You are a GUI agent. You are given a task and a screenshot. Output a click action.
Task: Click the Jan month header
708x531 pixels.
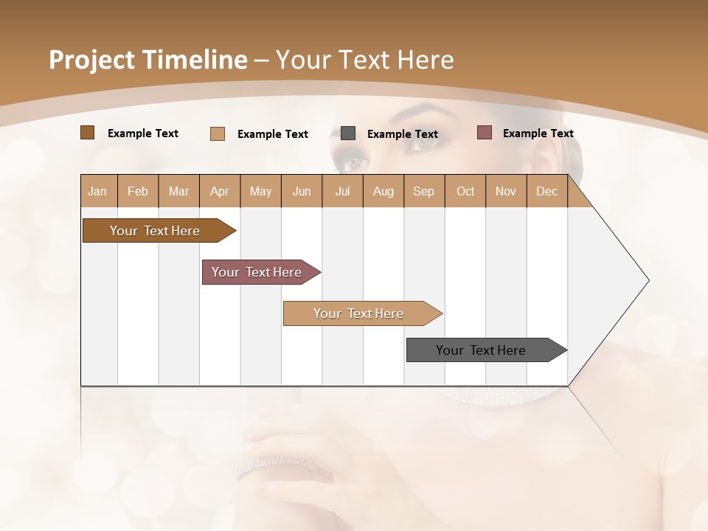pyautogui.click(x=97, y=191)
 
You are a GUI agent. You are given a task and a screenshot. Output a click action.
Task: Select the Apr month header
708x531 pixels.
pyautogui.click(x=219, y=191)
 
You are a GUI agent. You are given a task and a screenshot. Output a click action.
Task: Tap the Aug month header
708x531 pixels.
pyautogui.click(x=383, y=191)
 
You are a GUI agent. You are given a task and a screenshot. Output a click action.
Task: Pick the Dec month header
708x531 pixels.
pyautogui.click(x=546, y=191)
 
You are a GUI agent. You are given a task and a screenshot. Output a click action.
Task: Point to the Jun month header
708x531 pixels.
pyautogui.click(x=302, y=191)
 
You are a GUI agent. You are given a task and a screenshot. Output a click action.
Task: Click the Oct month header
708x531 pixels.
pyautogui.click(x=465, y=191)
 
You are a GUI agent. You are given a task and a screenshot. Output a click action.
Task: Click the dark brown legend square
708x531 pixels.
pyautogui.click(x=87, y=133)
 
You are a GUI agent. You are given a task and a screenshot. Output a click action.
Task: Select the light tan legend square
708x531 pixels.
pyautogui.click(x=217, y=133)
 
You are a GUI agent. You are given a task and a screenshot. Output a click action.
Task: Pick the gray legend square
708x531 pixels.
pyautogui.click(x=348, y=133)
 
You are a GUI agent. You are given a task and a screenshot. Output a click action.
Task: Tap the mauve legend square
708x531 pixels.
pyautogui.click(x=485, y=133)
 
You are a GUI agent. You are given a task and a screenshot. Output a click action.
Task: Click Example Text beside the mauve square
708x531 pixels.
pyautogui.click(x=538, y=133)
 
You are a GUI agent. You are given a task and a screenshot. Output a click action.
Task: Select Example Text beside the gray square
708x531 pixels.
pyautogui.click(x=402, y=134)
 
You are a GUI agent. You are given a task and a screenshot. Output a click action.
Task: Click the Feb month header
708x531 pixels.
pyautogui.click(x=138, y=191)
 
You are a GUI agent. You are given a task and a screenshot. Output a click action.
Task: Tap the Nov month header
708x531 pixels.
pyautogui.click(x=506, y=191)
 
